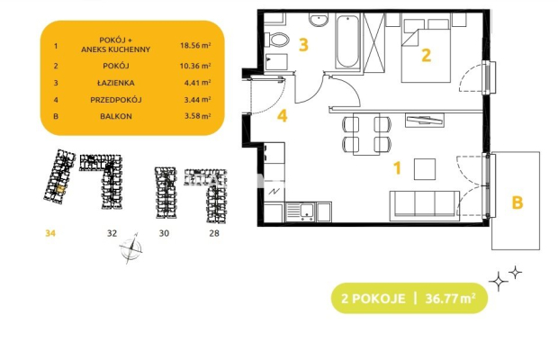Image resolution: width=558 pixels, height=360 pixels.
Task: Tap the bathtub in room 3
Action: [347, 41]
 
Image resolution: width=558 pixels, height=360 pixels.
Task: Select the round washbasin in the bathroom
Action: [319, 20]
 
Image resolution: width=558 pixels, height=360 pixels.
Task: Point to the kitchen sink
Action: [301, 212]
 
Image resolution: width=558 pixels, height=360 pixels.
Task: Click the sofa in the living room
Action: [425, 205]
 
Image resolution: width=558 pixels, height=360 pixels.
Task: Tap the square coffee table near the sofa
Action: [425, 169]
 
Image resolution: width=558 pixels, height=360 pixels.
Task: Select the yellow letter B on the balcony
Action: [517, 202]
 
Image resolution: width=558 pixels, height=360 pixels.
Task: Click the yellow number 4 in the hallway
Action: [283, 116]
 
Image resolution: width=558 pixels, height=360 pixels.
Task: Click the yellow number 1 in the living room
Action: [397, 168]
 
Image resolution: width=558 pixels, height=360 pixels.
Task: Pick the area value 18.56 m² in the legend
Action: [195, 45]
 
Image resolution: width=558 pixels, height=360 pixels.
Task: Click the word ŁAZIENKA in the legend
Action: [116, 83]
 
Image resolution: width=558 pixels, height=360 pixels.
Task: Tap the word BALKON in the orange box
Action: [116, 116]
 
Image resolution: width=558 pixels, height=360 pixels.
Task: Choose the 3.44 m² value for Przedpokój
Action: [197, 100]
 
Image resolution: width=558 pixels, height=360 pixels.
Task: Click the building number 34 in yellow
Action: [50, 233]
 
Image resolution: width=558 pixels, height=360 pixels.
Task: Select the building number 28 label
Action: [214, 233]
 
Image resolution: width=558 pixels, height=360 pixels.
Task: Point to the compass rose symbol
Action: [131, 248]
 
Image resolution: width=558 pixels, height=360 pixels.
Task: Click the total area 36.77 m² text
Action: [451, 298]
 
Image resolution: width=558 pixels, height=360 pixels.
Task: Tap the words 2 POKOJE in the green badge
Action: [373, 298]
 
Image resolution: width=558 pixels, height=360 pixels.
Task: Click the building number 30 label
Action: [164, 233]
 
